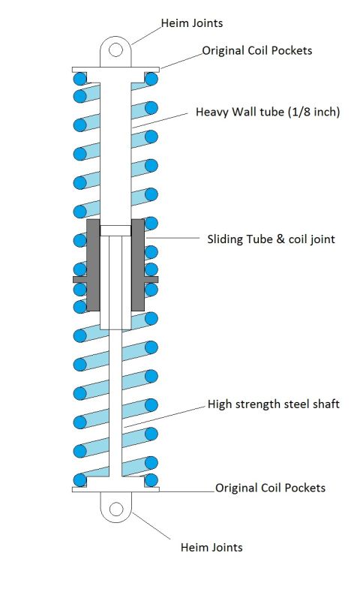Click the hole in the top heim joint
115,50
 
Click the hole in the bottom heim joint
116,509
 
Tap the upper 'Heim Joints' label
192,23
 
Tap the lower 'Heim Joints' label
211,548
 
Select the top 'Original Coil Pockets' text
257,50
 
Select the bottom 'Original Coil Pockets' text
270,488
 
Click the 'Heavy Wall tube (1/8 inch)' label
268,112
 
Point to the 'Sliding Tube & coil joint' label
271,239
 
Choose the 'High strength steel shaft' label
273,404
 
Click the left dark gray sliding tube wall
93,265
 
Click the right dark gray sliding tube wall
138,265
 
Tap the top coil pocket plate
115,69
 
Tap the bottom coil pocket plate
115,489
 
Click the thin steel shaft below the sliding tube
115,404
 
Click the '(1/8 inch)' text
314,112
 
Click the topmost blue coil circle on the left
79,80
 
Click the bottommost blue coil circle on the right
151,480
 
